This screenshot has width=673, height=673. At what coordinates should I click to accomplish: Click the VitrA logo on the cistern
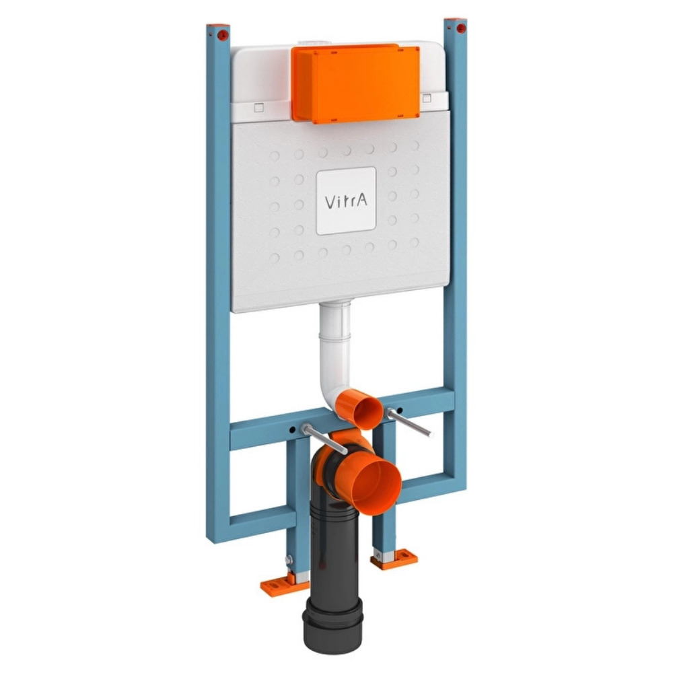coord(346,201)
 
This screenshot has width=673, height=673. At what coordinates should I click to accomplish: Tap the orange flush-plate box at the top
coord(355,83)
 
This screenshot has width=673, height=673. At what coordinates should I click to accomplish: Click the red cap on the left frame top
coord(222,35)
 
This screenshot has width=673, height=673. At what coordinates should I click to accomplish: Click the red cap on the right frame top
coord(461,28)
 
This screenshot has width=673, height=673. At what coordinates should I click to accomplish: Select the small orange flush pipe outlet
coord(359,409)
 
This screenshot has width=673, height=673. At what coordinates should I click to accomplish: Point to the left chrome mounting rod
coord(324,439)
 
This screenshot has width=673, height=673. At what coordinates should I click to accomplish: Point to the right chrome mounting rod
coord(409,423)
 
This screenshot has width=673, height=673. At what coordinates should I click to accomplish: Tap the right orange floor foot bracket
coord(394,559)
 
